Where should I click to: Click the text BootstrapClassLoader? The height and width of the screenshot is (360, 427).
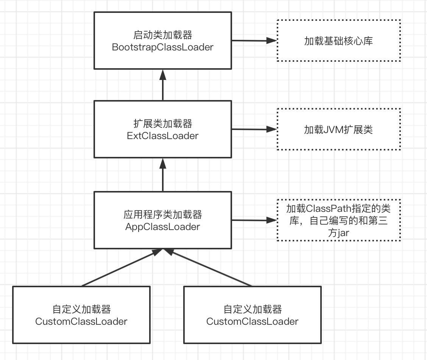coord(163,47)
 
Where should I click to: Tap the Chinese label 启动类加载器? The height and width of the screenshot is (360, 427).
coord(163,35)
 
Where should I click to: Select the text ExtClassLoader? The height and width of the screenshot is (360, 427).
coord(163,136)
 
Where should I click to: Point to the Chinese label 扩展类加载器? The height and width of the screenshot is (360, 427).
coord(163,124)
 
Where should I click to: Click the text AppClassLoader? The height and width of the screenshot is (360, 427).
coord(163,227)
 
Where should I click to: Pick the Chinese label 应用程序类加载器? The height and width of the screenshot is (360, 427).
coord(163,215)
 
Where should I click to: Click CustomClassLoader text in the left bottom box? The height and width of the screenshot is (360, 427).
coord(81,321)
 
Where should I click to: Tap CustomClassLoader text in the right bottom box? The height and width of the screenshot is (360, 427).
coord(252,321)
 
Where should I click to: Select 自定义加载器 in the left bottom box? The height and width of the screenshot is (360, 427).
coord(81,309)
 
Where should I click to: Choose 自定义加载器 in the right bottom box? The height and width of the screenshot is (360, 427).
coord(252,309)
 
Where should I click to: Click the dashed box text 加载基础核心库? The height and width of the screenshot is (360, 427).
coord(338,41)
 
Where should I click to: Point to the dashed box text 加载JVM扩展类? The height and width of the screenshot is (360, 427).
coord(338,130)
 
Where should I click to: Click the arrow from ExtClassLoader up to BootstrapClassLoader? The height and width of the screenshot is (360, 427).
coord(163,85)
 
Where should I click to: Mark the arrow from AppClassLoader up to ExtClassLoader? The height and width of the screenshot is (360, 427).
coord(163,175)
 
